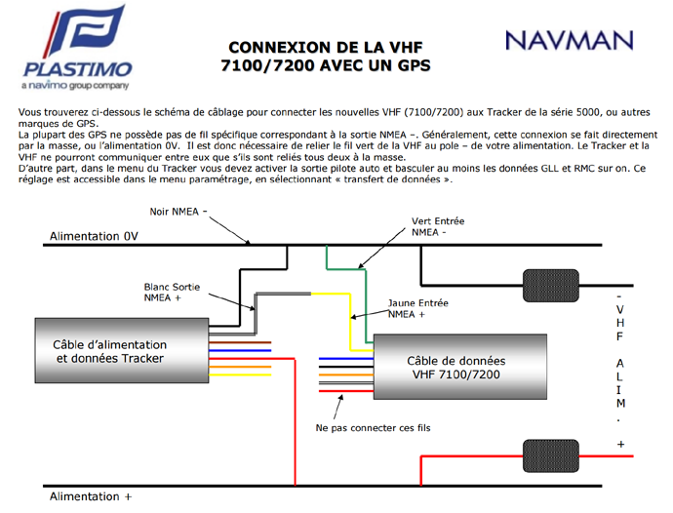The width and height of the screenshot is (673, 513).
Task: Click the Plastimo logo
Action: click(77, 47)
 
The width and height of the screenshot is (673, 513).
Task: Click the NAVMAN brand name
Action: click(570, 41)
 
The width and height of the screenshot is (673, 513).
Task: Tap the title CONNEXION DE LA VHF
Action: click(326, 47)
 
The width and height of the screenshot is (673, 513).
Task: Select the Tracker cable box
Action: click(122, 350)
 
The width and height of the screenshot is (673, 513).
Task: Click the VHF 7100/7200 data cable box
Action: click(460, 367)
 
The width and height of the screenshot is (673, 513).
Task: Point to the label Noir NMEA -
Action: click(178, 212)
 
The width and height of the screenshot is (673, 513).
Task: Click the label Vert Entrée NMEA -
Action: click(438, 226)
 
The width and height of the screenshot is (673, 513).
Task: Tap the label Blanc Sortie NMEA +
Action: click(172, 293)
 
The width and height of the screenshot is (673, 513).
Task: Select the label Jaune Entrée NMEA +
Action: click(418, 308)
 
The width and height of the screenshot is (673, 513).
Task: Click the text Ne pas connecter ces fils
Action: click(373, 428)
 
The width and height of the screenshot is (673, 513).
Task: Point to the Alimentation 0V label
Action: click(94, 236)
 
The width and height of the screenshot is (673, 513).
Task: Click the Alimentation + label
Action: click(91, 496)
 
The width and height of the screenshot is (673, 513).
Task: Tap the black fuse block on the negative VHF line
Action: click(551, 286)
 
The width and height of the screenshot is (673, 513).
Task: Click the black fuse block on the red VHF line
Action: click(551, 455)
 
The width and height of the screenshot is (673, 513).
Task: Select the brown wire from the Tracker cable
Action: click(240, 342)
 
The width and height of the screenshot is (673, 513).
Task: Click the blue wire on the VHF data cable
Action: click(346, 359)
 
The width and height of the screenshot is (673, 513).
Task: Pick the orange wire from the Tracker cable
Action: click(240, 367)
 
